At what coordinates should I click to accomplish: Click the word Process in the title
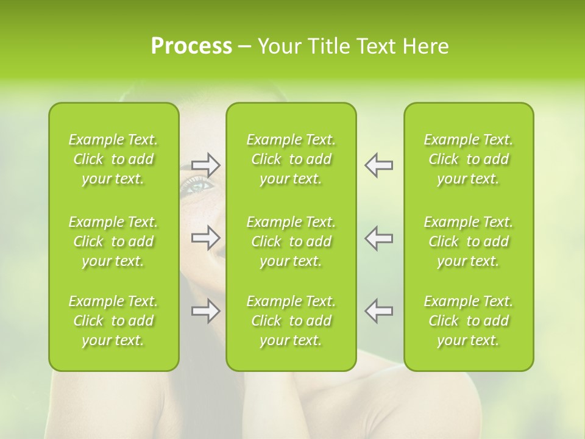[x=191, y=46]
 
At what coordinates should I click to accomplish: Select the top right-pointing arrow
[x=206, y=165]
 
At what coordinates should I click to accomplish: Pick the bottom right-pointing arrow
[x=206, y=311]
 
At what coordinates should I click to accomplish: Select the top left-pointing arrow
[x=378, y=165]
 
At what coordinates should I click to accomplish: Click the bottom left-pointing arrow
[x=378, y=311]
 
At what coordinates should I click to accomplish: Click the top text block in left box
[x=113, y=159]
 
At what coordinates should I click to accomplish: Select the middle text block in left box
[x=113, y=241]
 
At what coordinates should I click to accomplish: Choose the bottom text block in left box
[x=113, y=321]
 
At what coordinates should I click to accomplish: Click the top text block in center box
[x=291, y=159]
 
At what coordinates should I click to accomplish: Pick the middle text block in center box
[x=291, y=241]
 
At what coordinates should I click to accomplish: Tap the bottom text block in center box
[x=291, y=321]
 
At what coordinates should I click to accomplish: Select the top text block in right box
[x=469, y=159]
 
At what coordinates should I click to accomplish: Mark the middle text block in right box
[x=469, y=241]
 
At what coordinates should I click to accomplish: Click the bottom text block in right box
[x=469, y=321]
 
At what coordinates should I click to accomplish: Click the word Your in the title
[x=280, y=46]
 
